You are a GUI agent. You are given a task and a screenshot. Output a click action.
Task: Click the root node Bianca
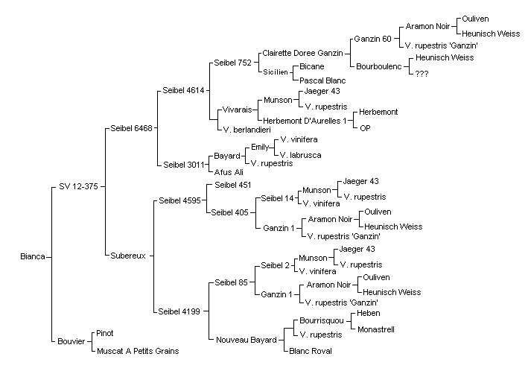(x=33, y=256)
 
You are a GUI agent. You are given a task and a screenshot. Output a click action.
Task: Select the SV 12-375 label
(x=78, y=186)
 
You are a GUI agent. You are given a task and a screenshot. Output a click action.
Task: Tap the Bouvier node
(x=71, y=341)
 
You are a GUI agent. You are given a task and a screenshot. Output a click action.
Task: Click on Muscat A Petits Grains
(x=138, y=351)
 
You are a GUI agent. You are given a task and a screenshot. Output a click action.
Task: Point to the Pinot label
(x=105, y=333)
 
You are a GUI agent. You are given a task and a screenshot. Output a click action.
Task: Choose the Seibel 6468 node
(x=131, y=128)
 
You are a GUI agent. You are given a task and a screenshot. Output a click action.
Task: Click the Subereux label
(x=128, y=256)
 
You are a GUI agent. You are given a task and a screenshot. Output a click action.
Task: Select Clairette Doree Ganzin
(x=303, y=53)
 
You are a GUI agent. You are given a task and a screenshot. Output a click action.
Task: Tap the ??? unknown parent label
(x=422, y=74)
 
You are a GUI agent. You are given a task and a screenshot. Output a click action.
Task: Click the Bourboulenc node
(x=379, y=66)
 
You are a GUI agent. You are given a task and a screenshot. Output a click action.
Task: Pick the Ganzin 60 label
(x=373, y=39)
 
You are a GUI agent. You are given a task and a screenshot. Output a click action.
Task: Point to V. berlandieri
(x=247, y=130)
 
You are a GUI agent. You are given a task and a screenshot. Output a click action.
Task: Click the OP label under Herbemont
(x=365, y=128)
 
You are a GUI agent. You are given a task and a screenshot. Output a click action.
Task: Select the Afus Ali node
(x=229, y=172)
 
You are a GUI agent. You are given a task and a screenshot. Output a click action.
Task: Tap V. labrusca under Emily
(x=301, y=155)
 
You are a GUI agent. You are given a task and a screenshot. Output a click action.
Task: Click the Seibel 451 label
(x=233, y=185)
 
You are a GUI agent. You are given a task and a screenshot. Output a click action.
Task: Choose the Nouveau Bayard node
(x=247, y=340)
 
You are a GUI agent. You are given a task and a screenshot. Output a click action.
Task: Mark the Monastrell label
(x=376, y=329)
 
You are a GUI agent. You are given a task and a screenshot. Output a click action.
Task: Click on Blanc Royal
(x=311, y=351)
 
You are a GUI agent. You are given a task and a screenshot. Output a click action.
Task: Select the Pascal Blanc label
(x=322, y=80)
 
